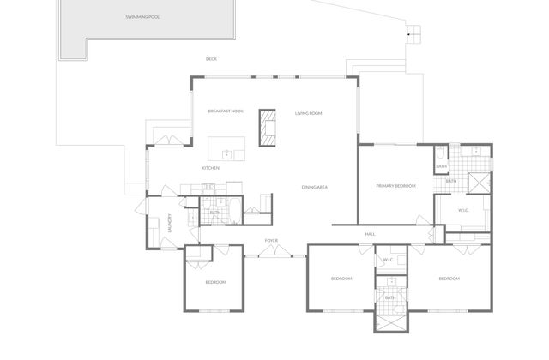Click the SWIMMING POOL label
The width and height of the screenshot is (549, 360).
(142, 17)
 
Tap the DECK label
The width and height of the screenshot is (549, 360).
(211, 59)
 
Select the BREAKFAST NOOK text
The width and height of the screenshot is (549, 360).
(226, 111)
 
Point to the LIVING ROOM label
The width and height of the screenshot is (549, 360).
(309, 113)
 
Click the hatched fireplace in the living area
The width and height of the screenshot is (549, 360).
(268, 128)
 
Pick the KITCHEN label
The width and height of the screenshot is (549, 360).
(211, 168)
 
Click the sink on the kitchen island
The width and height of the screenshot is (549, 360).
(227, 154)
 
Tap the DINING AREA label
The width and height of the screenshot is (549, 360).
(315, 187)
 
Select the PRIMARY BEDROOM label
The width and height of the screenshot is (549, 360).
(396, 186)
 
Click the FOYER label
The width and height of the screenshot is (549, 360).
(271, 240)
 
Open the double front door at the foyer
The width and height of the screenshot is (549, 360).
(274, 251)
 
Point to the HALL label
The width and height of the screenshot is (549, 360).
(370, 234)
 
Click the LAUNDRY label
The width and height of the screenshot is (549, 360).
(170, 223)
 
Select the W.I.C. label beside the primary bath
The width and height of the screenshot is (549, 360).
(463, 210)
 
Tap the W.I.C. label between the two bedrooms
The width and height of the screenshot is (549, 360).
(389, 260)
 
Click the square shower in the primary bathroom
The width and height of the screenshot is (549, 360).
(480, 183)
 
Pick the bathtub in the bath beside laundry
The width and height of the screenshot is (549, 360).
(235, 211)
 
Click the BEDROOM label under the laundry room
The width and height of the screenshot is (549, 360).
(215, 282)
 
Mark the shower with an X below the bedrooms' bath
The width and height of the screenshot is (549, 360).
(391, 322)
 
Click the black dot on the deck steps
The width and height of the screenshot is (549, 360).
(408, 34)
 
